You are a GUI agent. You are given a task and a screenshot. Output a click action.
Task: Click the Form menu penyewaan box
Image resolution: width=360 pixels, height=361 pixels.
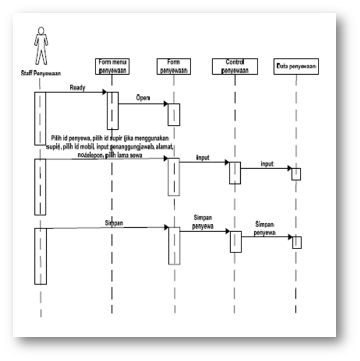[113, 65]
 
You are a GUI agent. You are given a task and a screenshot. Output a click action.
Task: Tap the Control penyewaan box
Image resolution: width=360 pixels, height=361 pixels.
[235, 66]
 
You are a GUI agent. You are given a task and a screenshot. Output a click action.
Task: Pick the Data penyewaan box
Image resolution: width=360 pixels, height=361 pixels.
[296, 67]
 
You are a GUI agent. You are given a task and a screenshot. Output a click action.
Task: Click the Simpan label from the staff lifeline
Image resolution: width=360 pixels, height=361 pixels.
[114, 223]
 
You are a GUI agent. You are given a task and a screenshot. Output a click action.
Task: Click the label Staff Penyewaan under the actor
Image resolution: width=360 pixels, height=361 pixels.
[37, 73]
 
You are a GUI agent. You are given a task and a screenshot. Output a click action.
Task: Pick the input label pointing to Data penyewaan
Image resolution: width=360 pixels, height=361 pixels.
[267, 164]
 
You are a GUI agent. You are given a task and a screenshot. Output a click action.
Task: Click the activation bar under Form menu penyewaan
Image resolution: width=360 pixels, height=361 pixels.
[112, 110]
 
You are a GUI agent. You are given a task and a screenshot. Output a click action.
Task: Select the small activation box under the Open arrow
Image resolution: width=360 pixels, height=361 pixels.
[173, 114]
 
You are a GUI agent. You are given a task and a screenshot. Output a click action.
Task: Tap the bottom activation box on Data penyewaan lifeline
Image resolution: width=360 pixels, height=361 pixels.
[297, 241]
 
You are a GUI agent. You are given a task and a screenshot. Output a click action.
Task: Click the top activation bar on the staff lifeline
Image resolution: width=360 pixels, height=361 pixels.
[40, 117]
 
